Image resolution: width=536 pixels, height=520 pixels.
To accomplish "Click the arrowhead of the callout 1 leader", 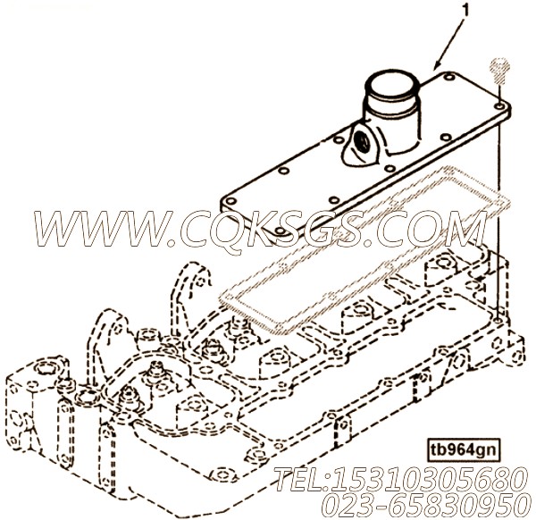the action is click(x=438, y=64).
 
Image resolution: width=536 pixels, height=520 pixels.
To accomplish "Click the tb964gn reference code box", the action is click(x=462, y=450).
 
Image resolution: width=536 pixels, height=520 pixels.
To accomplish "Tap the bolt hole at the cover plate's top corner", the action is click(x=448, y=77).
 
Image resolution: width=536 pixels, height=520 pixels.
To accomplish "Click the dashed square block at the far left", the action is click(x=37, y=407).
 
